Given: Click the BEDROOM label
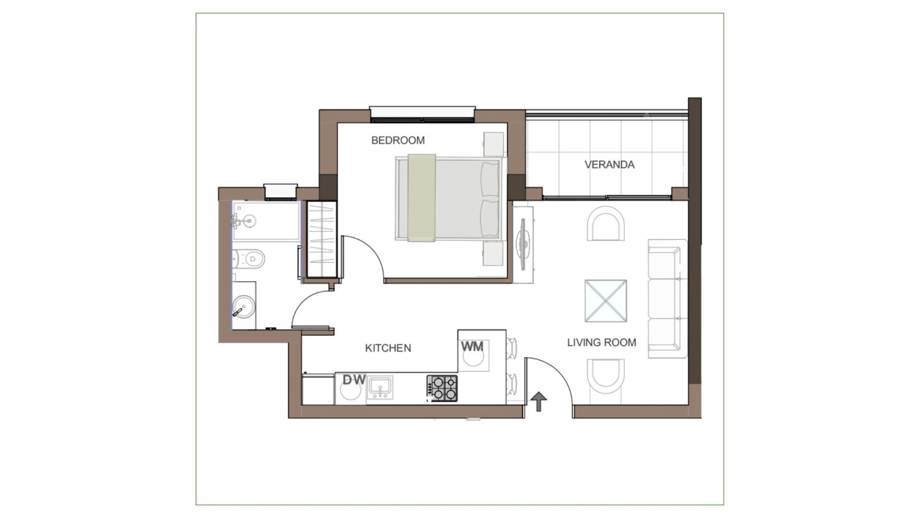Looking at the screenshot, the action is point(398,140).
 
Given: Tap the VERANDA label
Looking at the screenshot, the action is point(609,165).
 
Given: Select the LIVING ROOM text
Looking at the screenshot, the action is point(602,342).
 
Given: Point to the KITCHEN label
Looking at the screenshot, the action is point(388,348).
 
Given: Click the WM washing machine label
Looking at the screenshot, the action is point(473,346).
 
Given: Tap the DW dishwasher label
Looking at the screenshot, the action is point(354,380).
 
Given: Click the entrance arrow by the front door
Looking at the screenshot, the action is point(539,401).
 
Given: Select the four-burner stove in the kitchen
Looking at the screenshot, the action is point(442,388).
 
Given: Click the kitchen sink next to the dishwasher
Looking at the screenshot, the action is point(380,387).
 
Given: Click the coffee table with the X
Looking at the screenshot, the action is point(606,301).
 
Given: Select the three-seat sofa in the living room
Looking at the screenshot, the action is point(667,298).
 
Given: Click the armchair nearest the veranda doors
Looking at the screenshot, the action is point(606,224).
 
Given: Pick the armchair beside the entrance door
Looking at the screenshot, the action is point(606,376).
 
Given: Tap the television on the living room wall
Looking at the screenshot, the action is point(523,244).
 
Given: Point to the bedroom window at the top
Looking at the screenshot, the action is point(422,114).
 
